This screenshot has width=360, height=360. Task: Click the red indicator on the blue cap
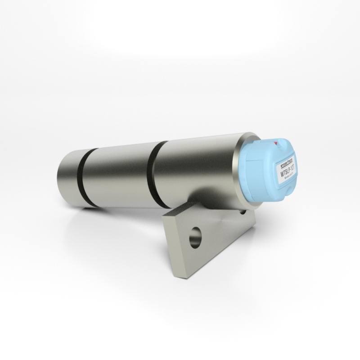(276, 143)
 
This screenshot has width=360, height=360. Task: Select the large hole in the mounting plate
(195, 237)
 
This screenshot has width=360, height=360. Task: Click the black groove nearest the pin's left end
(86, 178)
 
